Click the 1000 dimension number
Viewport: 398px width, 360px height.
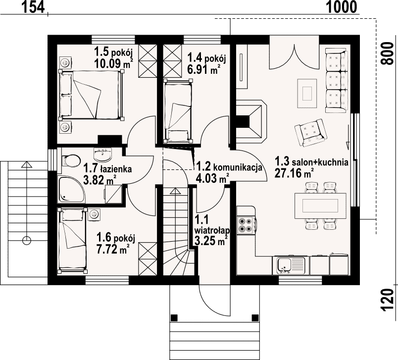click(x=342, y=7)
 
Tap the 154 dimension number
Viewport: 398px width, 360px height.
click(x=33, y=7)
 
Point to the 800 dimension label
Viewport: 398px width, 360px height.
click(x=387, y=54)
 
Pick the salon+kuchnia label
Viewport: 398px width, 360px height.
click(x=320, y=162)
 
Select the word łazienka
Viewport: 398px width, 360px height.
click(x=116, y=169)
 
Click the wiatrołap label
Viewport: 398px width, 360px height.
click(x=212, y=231)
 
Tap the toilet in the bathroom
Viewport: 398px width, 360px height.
click(x=71, y=160)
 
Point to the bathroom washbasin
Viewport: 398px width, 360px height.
click(x=102, y=155)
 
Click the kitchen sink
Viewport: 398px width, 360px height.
click(x=291, y=265)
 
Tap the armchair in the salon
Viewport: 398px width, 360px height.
click(x=310, y=132)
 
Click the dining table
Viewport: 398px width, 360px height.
click(x=321, y=206)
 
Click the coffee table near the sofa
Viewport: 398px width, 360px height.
click(x=307, y=93)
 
